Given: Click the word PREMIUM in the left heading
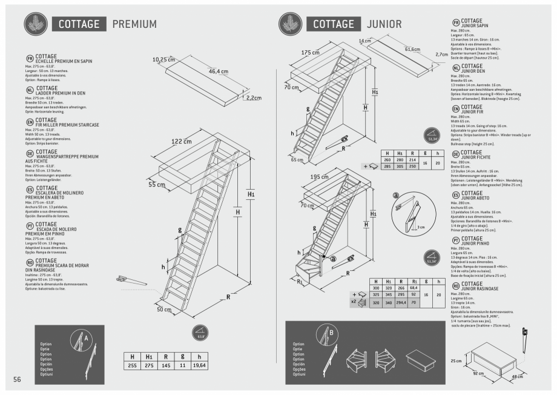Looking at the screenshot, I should pos(134,24).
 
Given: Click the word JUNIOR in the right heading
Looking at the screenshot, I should pos(383,24).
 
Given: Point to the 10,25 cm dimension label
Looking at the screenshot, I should pos(163,59).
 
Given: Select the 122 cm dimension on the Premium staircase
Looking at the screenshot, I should pos(182,141).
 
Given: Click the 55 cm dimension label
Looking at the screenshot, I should pos(156,184).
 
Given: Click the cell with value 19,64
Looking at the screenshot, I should pos(199,365).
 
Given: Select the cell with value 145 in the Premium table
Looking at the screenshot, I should pos(165,365).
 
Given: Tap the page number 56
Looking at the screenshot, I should pos(18,379).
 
